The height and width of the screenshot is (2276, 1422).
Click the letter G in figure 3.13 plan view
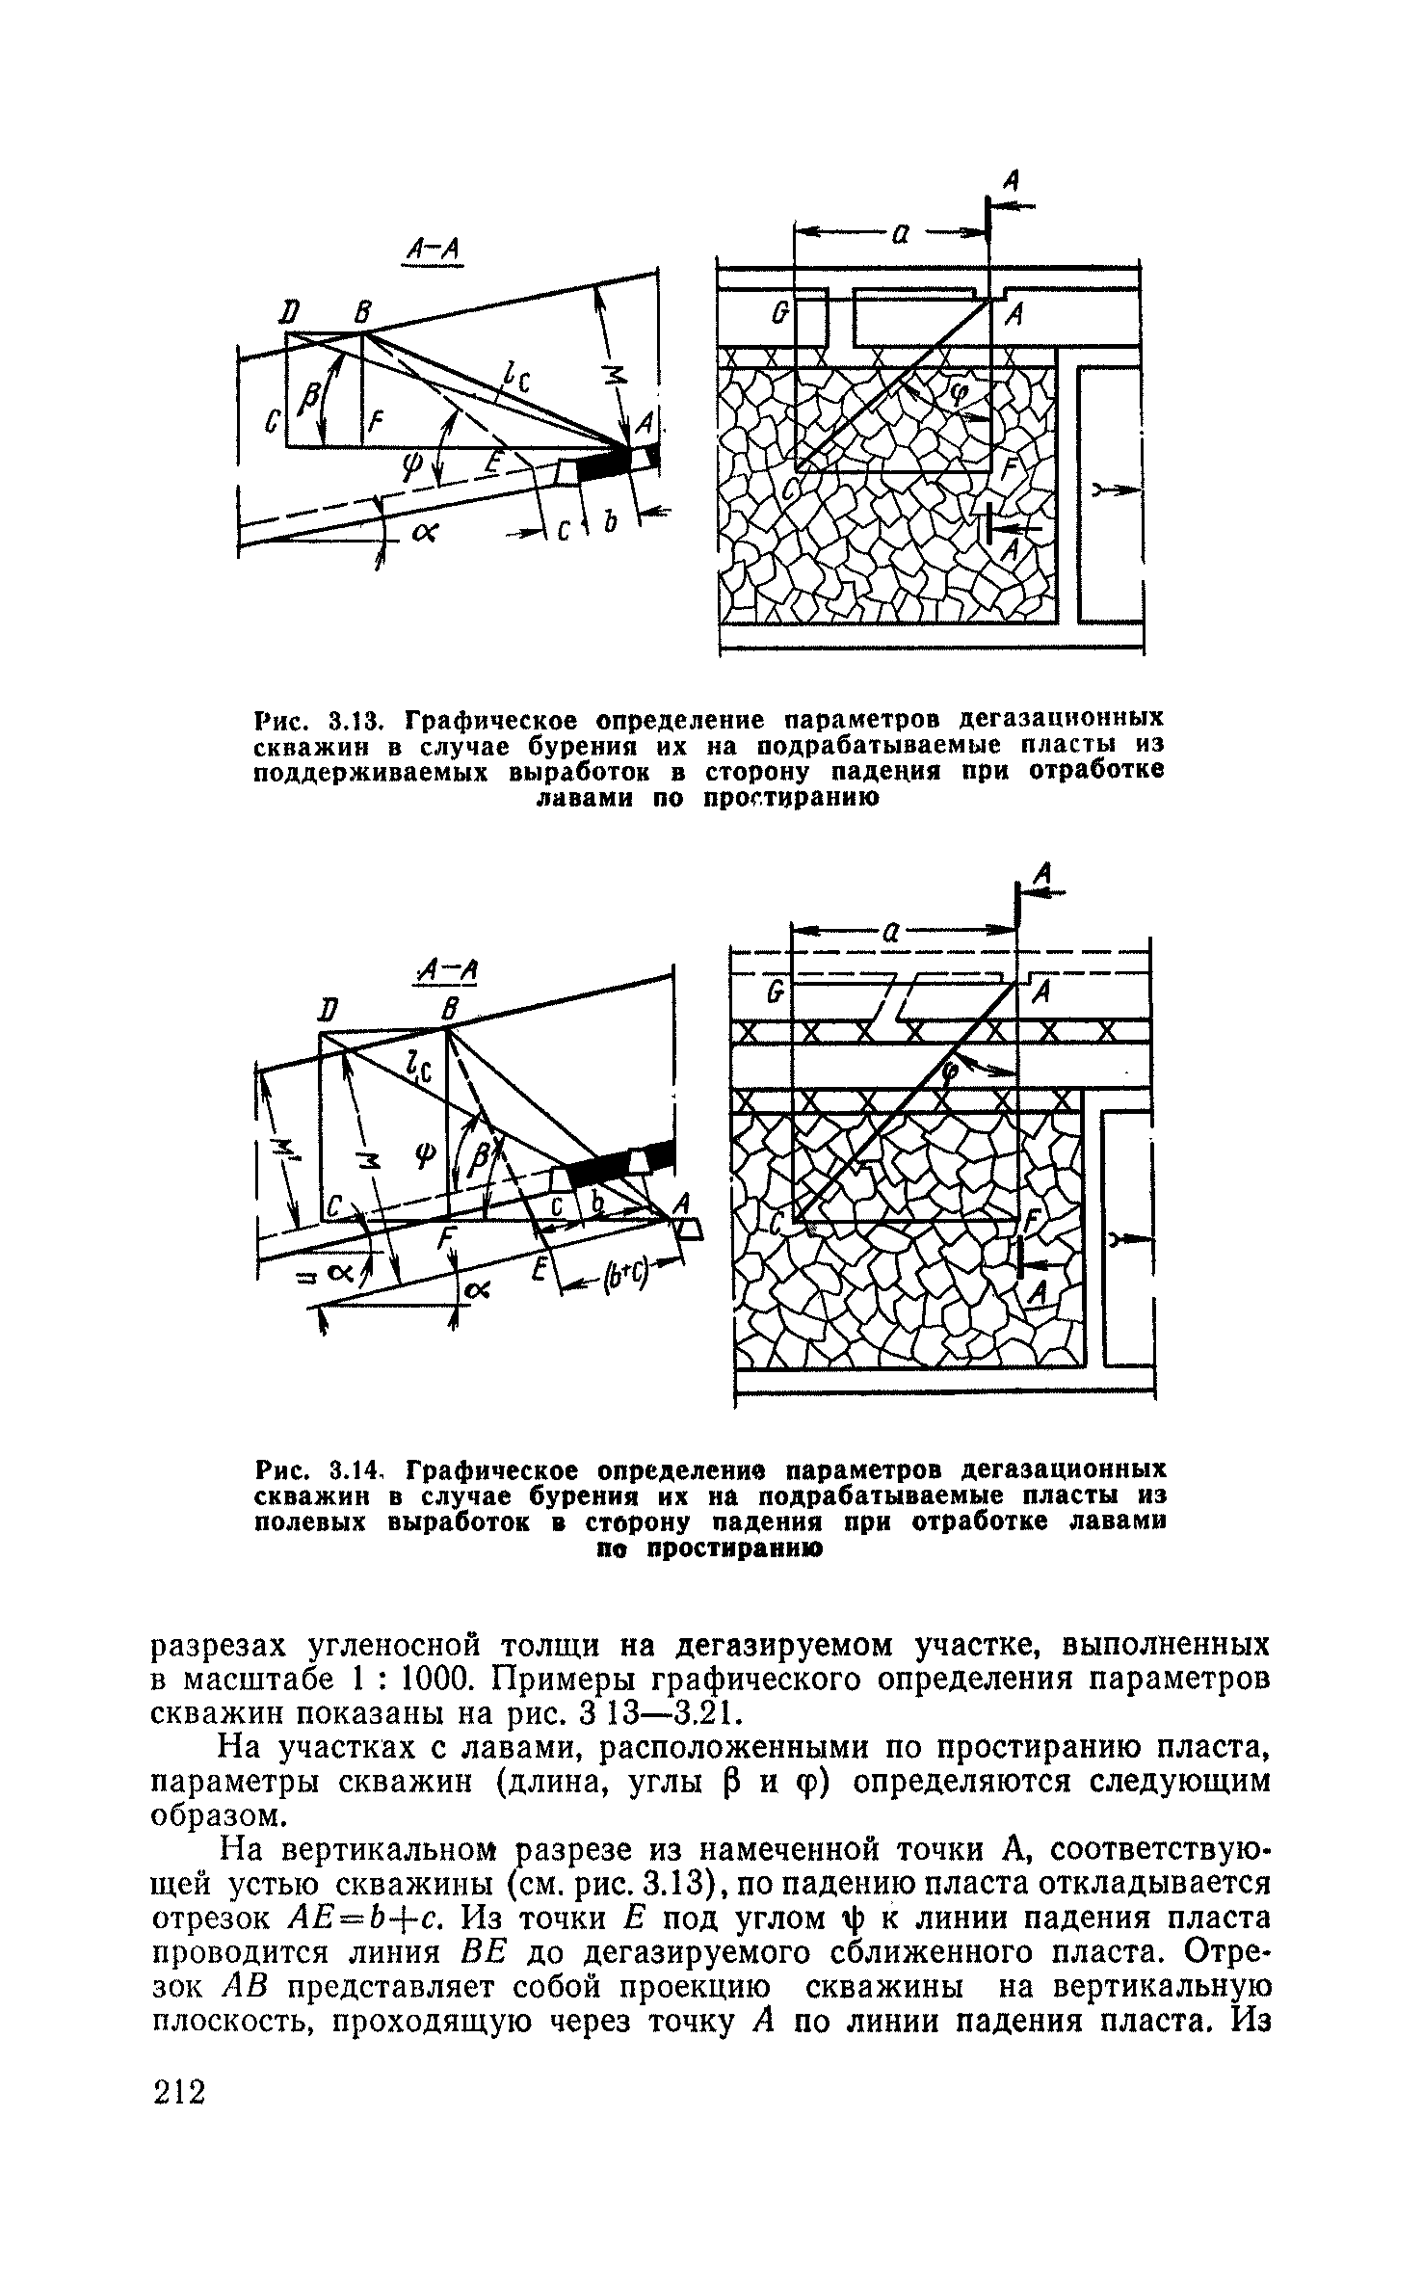tap(779, 314)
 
